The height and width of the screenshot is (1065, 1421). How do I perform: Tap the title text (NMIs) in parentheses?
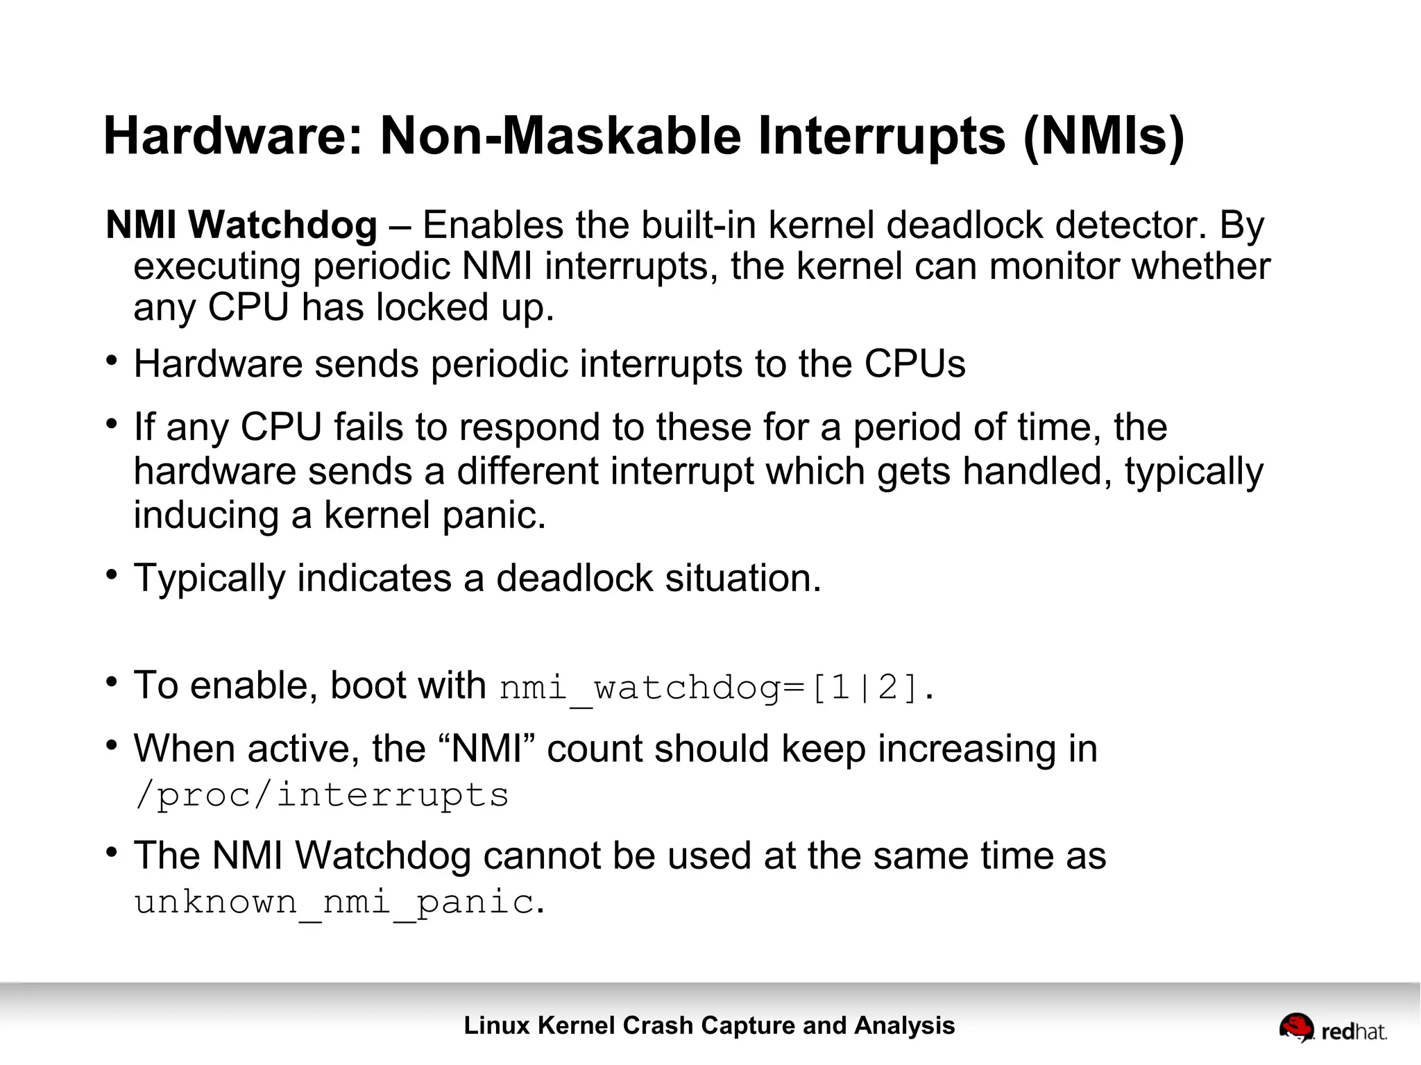point(1104,137)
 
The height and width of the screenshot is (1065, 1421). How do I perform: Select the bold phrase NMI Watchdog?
point(241,225)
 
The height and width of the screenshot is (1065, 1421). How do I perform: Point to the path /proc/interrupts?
point(322,795)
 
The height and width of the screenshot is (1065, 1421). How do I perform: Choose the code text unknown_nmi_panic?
point(334,902)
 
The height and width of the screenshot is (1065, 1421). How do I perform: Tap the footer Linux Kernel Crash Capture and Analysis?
point(709,1025)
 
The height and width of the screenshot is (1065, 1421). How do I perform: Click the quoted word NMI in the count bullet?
point(486,749)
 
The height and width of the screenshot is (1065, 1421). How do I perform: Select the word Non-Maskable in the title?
point(561,135)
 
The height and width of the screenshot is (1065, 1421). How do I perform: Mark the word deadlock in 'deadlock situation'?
point(575,579)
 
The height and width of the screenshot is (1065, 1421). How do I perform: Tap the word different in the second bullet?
point(527,472)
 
